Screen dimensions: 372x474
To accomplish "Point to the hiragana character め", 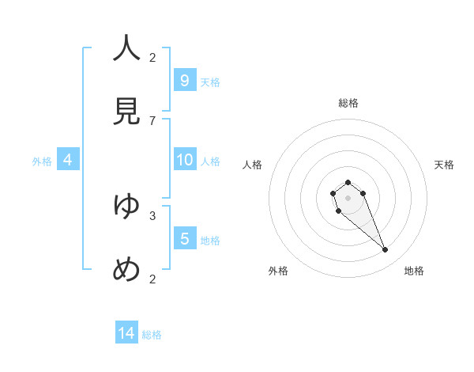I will tap(126, 270).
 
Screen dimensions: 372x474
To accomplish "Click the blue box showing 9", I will tap(184, 80).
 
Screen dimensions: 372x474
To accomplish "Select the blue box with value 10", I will tap(184, 159).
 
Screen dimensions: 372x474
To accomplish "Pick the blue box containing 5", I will tap(184, 238).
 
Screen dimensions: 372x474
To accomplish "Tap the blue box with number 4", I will tap(67, 159).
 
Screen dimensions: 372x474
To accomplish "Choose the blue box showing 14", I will tap(126, 333).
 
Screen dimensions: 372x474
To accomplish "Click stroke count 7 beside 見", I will tap(152, 120).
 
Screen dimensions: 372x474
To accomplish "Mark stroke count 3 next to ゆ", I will tap(152, 214).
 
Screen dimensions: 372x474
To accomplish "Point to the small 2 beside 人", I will tap(152, 57).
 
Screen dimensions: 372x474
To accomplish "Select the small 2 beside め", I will tap(152, 279).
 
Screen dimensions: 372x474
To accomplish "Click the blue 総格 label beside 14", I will tap(152, 335).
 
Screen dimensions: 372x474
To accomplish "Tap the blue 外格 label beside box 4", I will tap(42, 161).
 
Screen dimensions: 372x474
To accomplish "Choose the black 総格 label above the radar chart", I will tap(348, 103).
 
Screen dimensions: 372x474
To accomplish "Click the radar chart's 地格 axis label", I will tap(414, 271).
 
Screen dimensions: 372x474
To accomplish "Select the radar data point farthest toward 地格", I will tap(386, 250).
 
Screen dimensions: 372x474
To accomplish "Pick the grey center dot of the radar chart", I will tap(348, 198).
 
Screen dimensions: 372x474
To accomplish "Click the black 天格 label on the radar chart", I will tap(444, 165).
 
